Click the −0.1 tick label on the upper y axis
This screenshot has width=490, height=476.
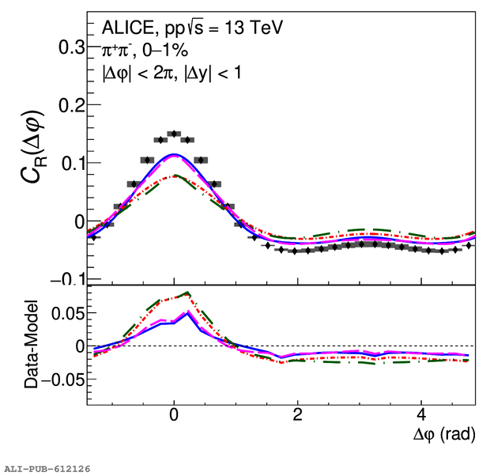[66, 279]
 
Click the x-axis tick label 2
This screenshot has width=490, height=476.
[297, 416]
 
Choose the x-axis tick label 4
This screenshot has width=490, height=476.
[421, 416]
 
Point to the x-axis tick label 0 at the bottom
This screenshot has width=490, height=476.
[174, 416]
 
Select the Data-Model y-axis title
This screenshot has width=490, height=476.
[32, 346]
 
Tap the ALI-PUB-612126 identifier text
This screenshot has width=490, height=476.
[47, 469]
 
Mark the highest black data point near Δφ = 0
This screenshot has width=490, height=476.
[174, 134]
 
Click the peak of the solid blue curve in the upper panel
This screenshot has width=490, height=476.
[175, 154]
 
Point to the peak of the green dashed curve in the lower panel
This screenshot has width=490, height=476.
[187, 293]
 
